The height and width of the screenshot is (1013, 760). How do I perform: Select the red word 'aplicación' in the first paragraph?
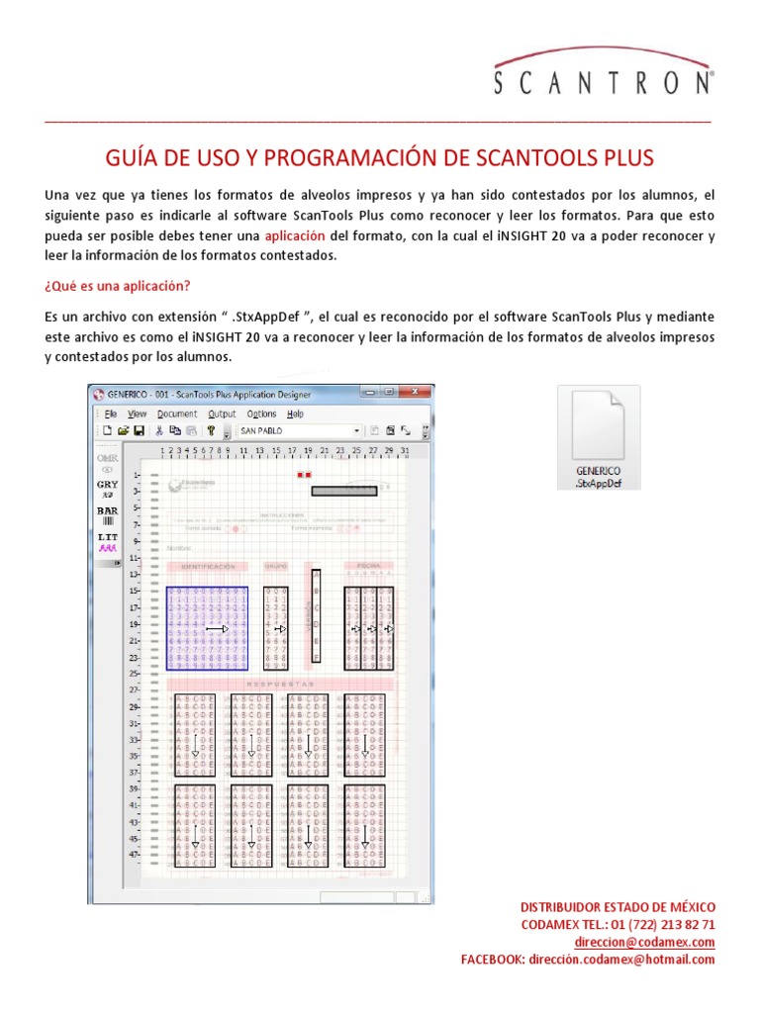pyautogui.click(x=295, y=236)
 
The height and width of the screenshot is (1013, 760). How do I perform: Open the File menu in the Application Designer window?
pyautogui.click(x=111, y=414)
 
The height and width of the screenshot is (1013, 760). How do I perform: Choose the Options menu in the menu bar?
pyautogui.click(x=261, y=414)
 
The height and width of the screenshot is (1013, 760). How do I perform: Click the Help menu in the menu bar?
pyautogui.click(x=295, y=414)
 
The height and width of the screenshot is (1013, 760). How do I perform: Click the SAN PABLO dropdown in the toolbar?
pyautogui.click(x=300, y=431)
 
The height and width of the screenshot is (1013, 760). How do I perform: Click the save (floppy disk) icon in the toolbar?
pyautogui.click(x=140, y=431)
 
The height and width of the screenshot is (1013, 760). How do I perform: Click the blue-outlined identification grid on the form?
pyautogui.click(x=208, y=629)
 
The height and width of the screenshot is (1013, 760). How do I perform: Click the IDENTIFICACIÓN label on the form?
pyautogui.click(x=208, y=567)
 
